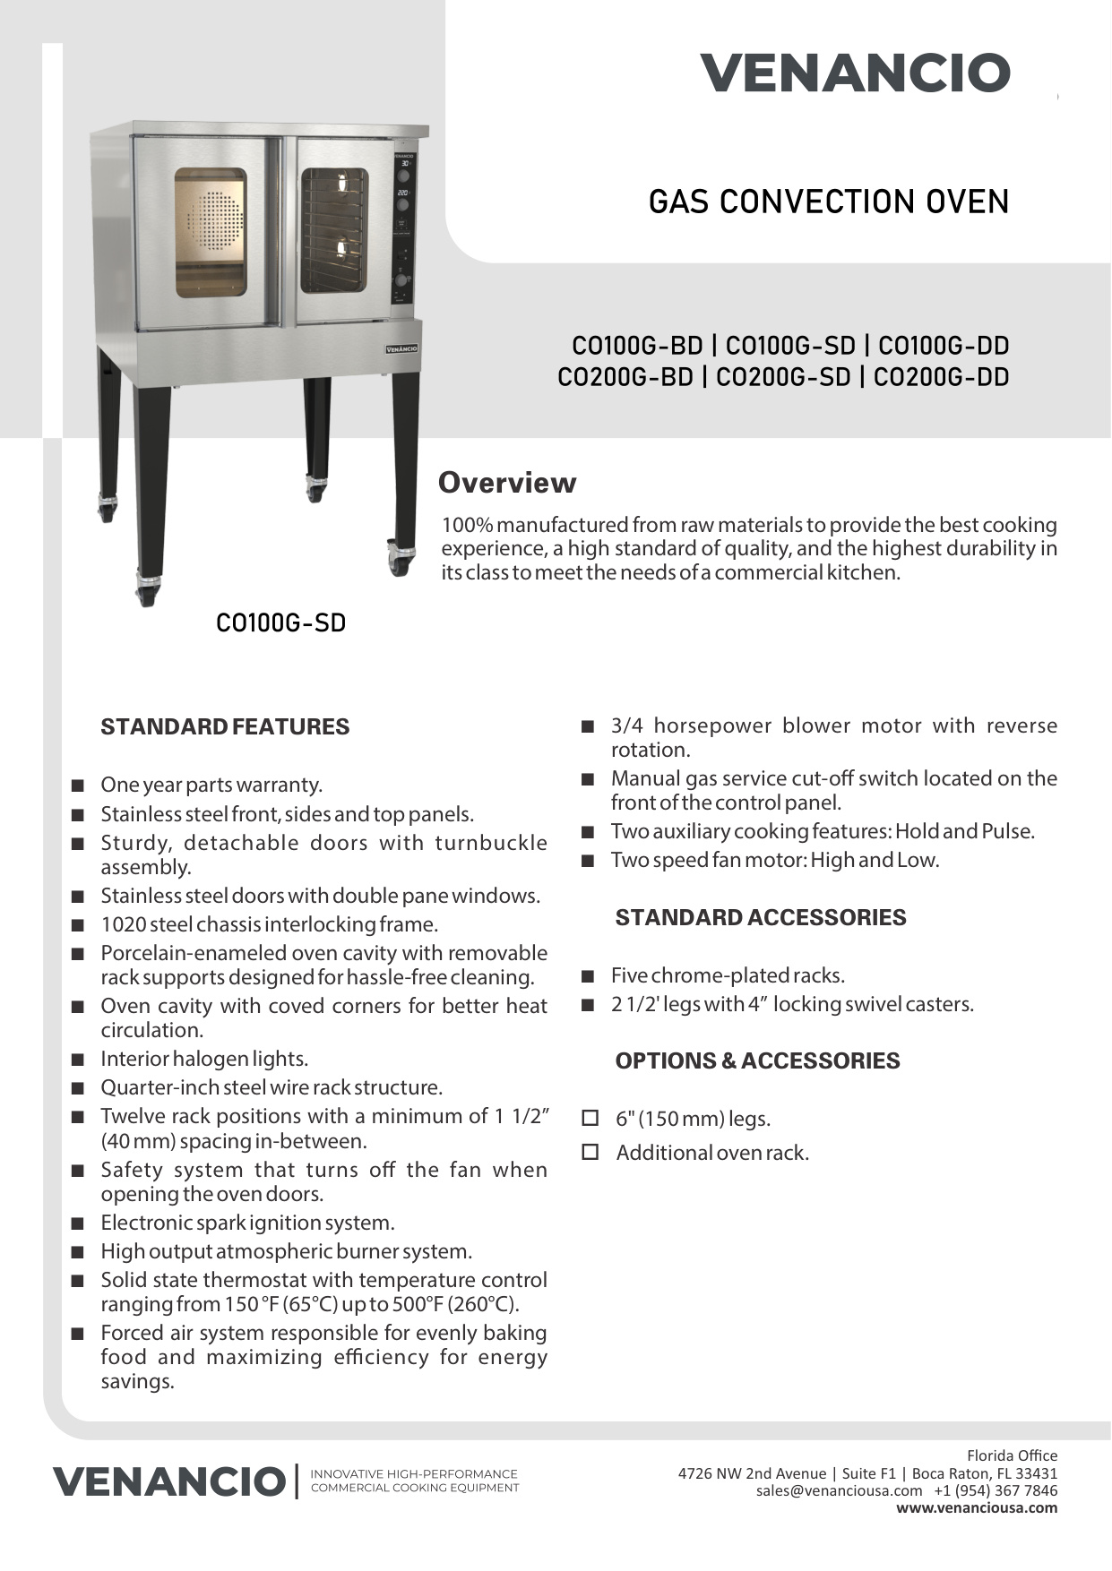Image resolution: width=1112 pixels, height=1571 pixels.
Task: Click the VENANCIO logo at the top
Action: (855, 73)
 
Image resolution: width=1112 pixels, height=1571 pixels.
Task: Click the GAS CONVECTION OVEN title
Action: (828, 202)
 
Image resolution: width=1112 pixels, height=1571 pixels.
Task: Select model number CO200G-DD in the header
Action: (941, 377)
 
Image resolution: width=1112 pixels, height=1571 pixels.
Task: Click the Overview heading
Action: (506, 483)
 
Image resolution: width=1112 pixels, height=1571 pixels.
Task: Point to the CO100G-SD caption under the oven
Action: (280, 622)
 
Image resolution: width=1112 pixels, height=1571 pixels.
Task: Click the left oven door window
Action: (211, 232)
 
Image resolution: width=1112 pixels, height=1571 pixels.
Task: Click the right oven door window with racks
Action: (333, 230)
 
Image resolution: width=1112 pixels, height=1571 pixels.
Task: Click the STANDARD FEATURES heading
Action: (225, 726)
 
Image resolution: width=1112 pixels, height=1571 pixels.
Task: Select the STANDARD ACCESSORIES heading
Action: (760, 917)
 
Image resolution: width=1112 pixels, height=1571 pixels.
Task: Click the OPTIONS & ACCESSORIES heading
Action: (757, 1060)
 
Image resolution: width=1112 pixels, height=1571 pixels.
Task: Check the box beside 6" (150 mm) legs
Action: (590, 1118)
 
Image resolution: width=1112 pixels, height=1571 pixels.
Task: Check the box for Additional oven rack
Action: (590, 1152)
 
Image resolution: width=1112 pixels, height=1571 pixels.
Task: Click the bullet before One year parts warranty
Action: (78, 785)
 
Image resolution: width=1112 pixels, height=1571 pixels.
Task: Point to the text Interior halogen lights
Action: (204, 1059)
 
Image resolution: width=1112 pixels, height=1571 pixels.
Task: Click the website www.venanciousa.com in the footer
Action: (977, 1507)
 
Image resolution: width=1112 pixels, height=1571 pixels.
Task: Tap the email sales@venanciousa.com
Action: (839, 1490)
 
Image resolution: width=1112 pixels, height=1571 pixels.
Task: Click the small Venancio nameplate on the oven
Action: (401, 348)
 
